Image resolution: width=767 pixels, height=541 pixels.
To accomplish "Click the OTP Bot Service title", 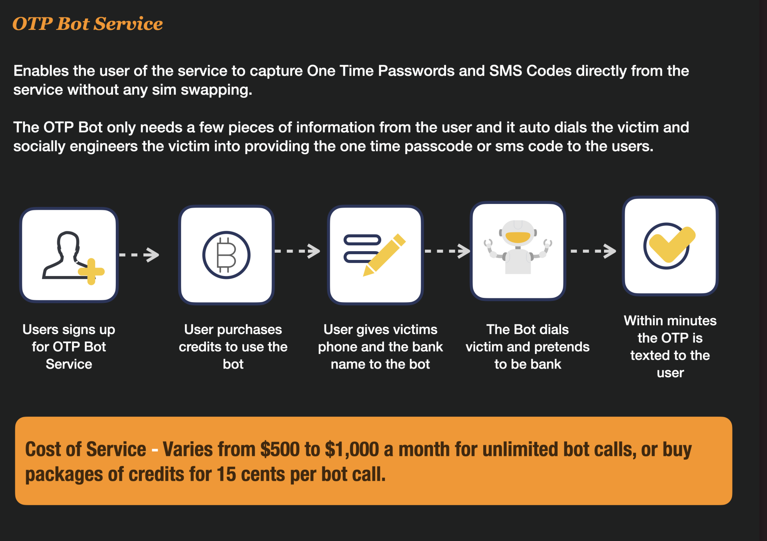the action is click(x=87, y=24).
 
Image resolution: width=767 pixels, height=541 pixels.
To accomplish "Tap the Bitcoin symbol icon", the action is click(x=226, y=255).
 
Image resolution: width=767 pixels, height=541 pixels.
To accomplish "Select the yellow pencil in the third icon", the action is click(x=384, y=255).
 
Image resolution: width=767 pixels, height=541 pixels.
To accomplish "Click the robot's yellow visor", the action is click(x=518, y=237).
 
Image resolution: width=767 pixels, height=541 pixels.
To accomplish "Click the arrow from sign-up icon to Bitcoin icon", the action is click(x=139, y=255).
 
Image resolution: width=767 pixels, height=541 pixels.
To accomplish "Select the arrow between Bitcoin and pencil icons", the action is click(x=298, y=251).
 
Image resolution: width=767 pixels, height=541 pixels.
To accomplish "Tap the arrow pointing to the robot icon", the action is click(x=448, y=251).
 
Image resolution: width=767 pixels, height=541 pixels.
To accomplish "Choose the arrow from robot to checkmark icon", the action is click(x=594, y=251).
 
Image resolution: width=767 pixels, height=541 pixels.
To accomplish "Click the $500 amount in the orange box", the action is click(x=280, y=449).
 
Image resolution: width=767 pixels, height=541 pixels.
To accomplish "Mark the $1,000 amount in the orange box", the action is click(x=352, y=449).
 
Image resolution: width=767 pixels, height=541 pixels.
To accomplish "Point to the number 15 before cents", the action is click(x=226, y=475).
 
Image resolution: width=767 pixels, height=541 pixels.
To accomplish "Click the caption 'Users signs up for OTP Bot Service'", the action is click(x=69, y=347).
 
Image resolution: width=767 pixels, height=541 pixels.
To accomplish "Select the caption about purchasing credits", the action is click(x=233, y=347).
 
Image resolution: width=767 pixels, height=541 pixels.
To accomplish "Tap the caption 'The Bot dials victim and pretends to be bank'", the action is click(x=528, y=347).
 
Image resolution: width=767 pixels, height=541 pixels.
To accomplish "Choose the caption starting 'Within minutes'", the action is click(x=670, y=347).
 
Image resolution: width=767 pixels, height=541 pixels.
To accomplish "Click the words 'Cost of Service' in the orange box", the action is click(x=86, y=449).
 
